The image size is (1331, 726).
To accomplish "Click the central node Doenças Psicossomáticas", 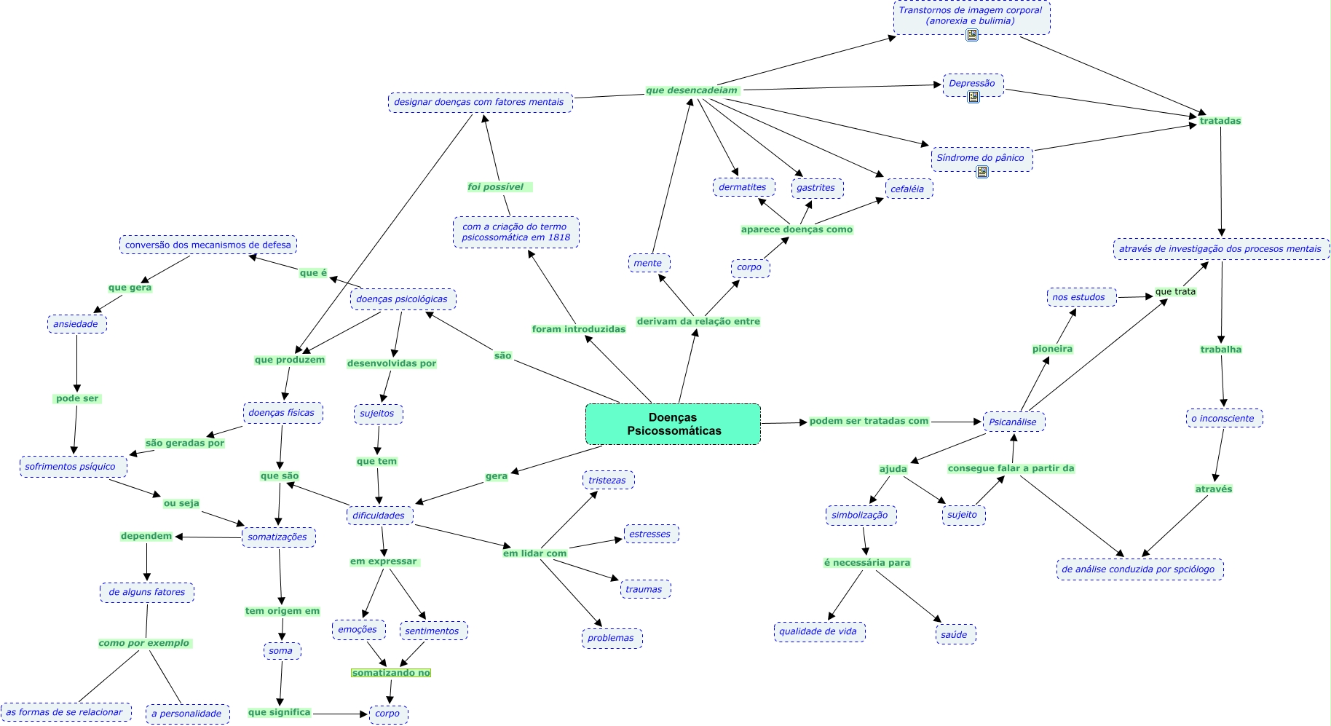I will click(x=673, y=424).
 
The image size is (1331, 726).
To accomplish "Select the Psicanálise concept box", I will click(x=1014, y=422).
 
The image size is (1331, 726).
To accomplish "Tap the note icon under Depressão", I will click(x=973, y=96).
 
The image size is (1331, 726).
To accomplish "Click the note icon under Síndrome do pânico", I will click(x=982, y=172).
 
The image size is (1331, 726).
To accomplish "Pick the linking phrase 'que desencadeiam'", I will click(x=692, y=90).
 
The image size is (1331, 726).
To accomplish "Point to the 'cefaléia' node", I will click(x=907, y=189).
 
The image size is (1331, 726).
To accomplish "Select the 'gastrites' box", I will click(x=815, y=187).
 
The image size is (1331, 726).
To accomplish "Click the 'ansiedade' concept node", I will click(x=76, y=324).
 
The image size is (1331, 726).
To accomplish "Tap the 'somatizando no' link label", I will click(x=391, y=673).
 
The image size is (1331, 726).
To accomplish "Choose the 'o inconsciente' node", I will click(x=1223, y=418).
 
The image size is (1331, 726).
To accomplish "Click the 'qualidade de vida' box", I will click(x=818, y=631).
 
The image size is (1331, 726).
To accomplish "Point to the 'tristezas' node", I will click(x=607, y=480).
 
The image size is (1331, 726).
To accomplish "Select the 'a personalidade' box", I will click(x=186, y=714).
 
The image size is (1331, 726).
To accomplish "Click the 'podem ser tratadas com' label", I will click(x=869, y=421).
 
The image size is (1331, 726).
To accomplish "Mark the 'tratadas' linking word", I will click(x=1220, y=121).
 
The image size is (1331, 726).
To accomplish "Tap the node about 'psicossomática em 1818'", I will click(x=516, y=232).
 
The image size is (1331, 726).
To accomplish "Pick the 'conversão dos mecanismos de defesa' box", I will click(x=208, y=245).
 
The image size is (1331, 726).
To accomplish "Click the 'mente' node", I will click(x=647, y=263).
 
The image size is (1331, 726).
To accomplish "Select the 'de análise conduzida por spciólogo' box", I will click(x=1139, y=569).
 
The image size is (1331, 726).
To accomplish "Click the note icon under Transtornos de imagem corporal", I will click(x=972, y=35).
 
